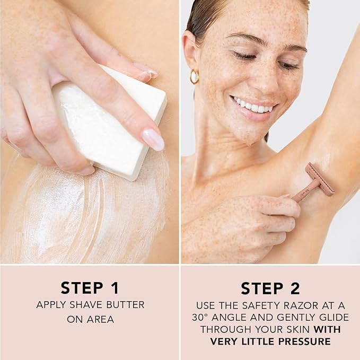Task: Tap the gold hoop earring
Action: [194, 76]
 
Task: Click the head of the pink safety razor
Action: [320, 179]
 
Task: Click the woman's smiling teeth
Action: [252, 106]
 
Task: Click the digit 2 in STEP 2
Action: [295, 288]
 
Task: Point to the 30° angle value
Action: [200, 317]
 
